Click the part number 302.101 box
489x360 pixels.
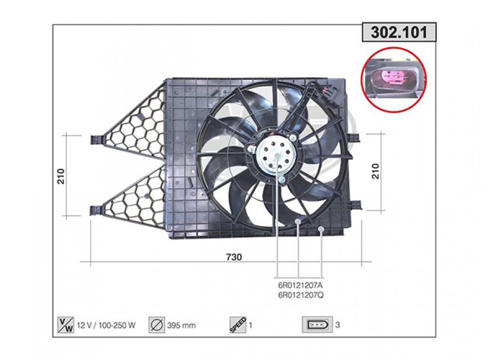click(399, 32)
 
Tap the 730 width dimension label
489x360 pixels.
click(234, 257)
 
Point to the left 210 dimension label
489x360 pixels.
click(61, 176)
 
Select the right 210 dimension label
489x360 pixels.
click(375, 171)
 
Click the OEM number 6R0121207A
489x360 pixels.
click(301, 285)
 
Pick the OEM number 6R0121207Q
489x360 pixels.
click(301, 295)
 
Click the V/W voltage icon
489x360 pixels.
click(66, 325)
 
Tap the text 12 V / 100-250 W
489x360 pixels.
click(106, 326)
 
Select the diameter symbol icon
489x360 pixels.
click(156, 325)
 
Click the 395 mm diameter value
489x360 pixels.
click(182, 326)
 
